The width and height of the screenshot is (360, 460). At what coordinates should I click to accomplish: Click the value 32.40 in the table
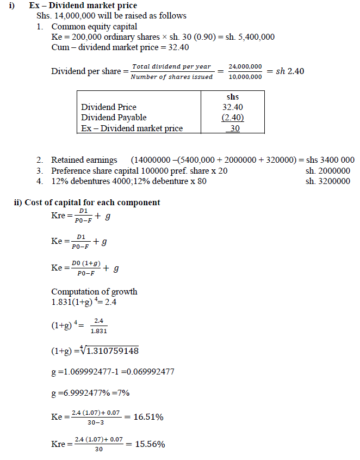pos(233,107)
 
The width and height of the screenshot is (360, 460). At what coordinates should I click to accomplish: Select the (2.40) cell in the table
pos(233,118)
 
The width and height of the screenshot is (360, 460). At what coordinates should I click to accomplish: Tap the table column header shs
pos(232,97)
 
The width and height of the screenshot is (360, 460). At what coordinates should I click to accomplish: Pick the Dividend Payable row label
pos(114,118)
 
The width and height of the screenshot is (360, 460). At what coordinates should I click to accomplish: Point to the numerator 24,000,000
pos(245,66)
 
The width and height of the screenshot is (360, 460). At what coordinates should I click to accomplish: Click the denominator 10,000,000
pos(245,77)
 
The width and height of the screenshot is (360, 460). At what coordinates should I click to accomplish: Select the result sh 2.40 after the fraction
pos(290,71)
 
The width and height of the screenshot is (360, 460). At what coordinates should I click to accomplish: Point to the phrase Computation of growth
pos(94,291)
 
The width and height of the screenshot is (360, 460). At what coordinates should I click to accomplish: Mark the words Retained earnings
pos(84,160)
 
